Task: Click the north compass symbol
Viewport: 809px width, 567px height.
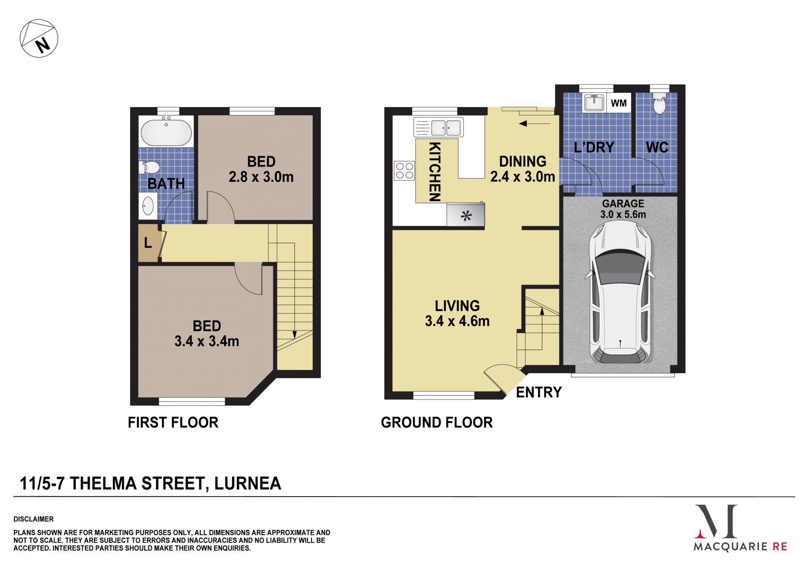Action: [39, 38]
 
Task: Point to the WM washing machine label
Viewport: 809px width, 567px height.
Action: [619, 103]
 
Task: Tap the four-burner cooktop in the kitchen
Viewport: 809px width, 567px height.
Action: [404, 170]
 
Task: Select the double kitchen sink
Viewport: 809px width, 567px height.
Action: [439, 127]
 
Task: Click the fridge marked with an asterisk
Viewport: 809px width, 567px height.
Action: [466, 216]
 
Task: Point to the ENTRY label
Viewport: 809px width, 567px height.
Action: [538, 392]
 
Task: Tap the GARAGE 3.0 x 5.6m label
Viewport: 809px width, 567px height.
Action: [623, 209]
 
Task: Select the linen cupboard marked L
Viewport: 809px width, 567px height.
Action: [148, 243]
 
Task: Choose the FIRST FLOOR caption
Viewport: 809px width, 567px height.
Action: [173, 422]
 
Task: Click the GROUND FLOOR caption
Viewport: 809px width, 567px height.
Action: [437, 422]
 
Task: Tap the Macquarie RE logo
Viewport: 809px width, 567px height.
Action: [740, 528]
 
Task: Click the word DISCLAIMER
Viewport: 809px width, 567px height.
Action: [34, 519]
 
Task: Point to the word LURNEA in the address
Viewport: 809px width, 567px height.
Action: [248, 483]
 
